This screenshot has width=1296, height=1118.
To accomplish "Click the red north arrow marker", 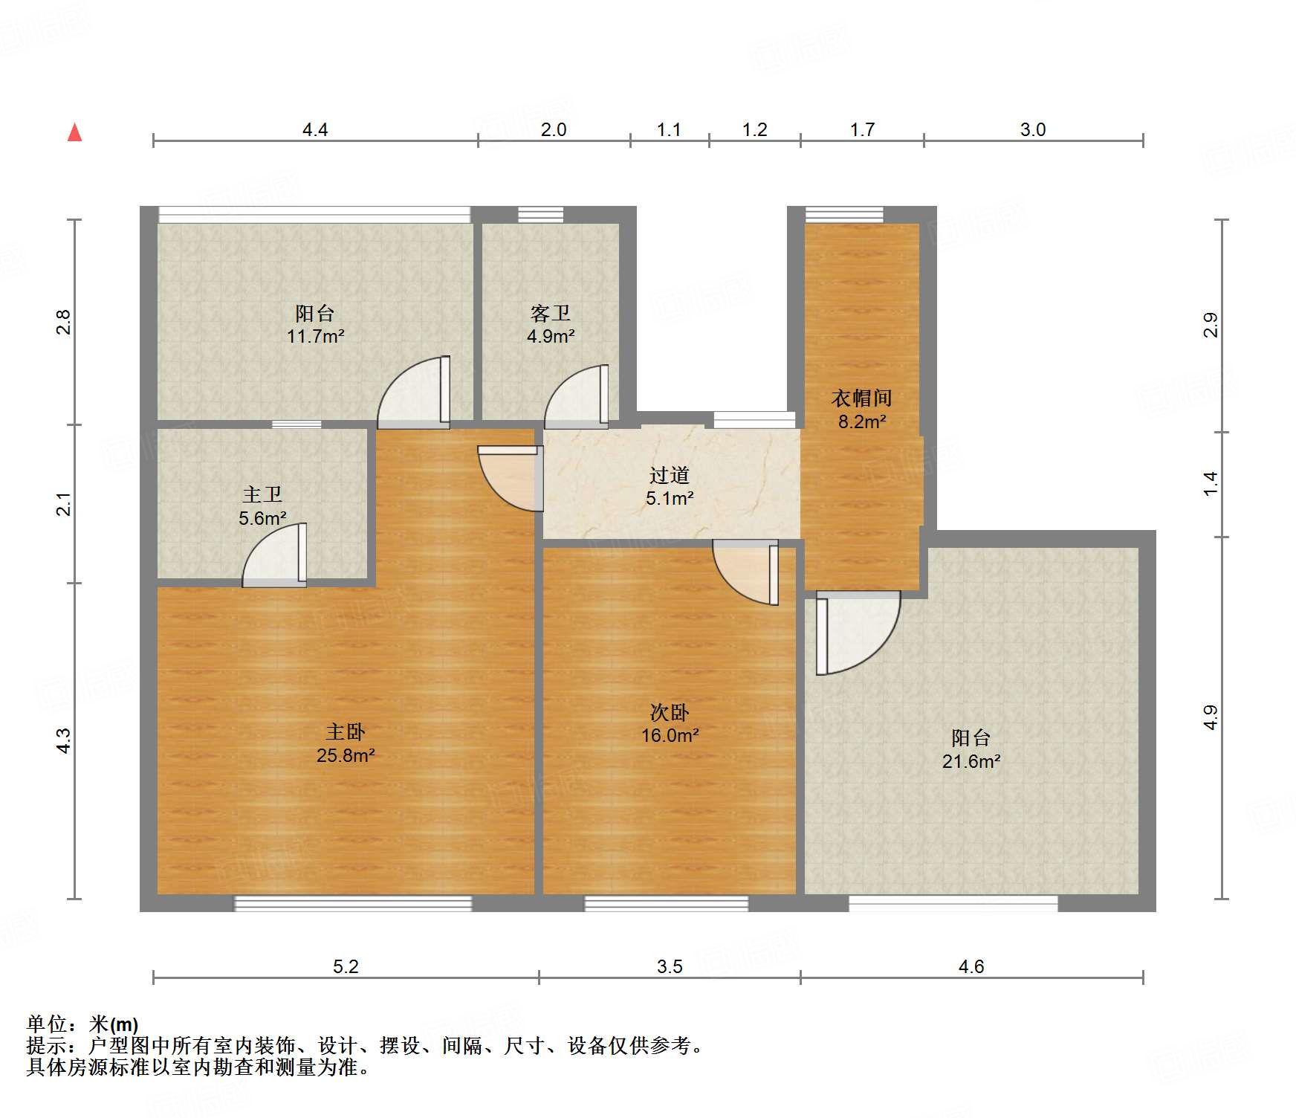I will click(74, 132).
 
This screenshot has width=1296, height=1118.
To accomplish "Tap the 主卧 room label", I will click(345, 732).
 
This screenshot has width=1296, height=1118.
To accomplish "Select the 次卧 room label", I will click(670, 713).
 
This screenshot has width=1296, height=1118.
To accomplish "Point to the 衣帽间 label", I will click(861, 398).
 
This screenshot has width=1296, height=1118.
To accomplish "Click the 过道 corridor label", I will click(669, 475).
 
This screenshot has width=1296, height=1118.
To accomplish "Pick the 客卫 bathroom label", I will click(550, 313).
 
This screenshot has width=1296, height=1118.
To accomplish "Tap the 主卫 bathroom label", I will click(262, 494).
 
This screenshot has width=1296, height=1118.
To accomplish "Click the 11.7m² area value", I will click(315, 337).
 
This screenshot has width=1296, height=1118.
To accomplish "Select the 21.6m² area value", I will click(971, 762).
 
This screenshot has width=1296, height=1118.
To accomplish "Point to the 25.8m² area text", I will click(345, 756).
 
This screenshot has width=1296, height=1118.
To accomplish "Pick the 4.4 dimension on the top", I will click(314, 130).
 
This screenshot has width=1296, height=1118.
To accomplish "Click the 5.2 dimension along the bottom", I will click(345, 966).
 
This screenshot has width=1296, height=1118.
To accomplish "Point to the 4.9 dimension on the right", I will click(1211, 717).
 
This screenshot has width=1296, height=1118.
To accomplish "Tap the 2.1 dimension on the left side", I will click(65, 504).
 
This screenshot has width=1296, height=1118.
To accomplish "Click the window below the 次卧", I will click(666, 903).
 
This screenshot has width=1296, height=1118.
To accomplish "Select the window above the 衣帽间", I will click(844, 215).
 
